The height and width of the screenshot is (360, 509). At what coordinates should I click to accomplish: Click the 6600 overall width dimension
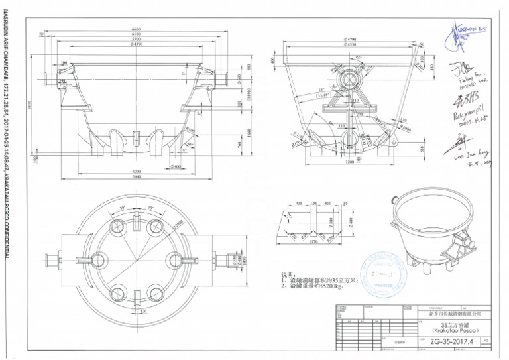136,30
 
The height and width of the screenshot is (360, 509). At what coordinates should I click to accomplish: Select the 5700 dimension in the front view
136,40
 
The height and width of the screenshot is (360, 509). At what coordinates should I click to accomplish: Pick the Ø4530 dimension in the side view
351,45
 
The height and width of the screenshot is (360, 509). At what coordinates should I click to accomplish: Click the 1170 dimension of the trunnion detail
315,243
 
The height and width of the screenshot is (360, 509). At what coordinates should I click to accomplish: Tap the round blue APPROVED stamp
385,270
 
